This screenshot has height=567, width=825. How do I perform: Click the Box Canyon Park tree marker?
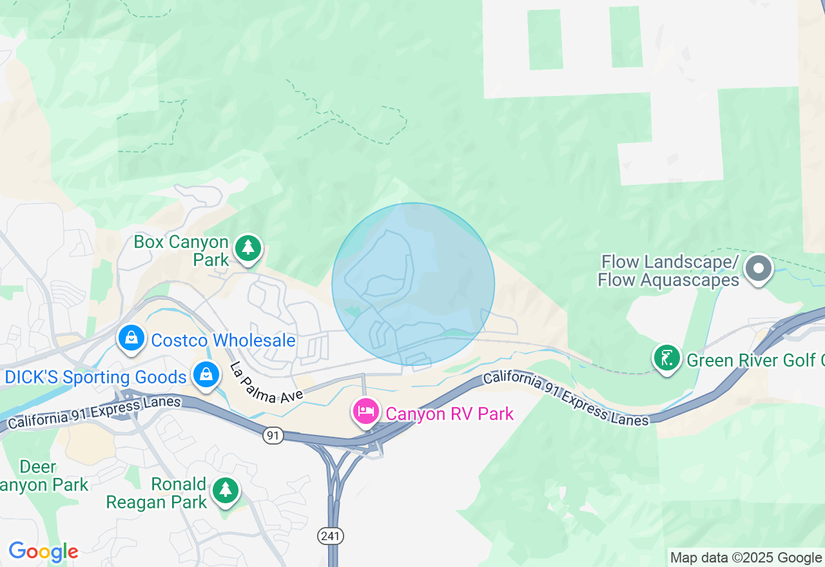[247, 248]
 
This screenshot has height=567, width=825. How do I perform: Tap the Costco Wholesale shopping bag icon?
[131, 337]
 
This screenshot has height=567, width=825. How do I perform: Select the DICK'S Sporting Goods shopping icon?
[206, 374]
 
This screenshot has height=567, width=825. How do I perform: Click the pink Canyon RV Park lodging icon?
[366, 411]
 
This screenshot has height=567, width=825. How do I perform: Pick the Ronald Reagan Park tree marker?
[225, 491]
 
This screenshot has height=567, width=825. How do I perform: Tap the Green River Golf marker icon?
[667, 358]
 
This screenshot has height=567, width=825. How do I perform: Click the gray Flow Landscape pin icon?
[759, 268]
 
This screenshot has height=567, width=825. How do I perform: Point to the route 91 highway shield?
[273, 436]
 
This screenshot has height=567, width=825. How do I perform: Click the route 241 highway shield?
[331, 535]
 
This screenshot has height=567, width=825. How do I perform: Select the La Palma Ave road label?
[266, 384]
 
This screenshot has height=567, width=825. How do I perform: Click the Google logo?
[43, 552]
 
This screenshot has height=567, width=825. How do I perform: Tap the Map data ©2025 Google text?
[746, 558]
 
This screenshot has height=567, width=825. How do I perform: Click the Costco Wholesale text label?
[223, 340]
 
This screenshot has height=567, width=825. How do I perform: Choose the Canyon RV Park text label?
[450, 414]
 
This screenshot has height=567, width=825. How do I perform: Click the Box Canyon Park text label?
[181, 251]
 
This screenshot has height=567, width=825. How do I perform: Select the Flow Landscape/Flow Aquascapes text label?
[668, 271]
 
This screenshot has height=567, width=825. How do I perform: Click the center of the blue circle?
[413, 284]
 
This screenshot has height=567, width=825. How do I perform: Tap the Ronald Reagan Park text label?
[157, 493]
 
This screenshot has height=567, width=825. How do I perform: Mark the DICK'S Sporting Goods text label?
[95, 377]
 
